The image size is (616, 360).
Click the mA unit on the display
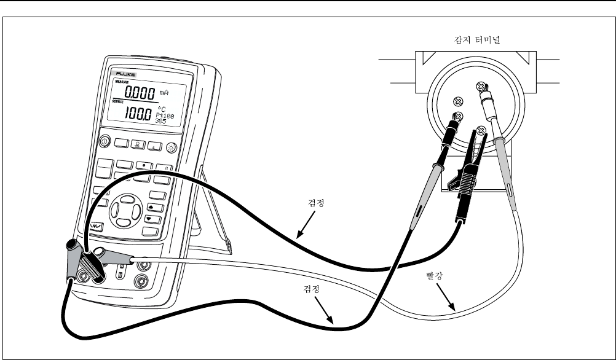coord(163,93)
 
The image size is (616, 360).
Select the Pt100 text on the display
coord(164,115)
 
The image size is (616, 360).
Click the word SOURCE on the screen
coord(118,101)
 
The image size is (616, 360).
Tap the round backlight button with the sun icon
coord(170,147)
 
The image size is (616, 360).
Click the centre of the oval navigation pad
coord(125,209)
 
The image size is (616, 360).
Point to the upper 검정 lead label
coord(315,202)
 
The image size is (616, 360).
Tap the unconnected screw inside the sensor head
coord(457,101)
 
